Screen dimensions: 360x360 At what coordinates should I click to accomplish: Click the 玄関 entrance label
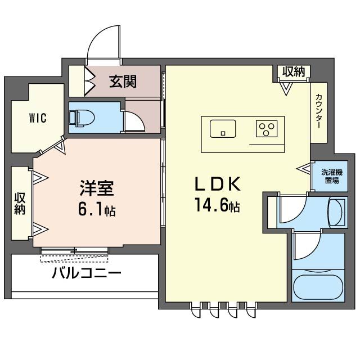(123, 82)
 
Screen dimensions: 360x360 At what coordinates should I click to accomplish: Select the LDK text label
(218, 184)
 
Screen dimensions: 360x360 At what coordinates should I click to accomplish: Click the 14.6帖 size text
(218, 206)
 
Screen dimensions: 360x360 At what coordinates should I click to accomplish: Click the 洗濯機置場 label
(330, 176)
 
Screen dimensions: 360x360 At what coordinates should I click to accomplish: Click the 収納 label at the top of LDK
(294, 72)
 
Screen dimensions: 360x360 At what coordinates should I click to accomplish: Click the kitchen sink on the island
(223, 129)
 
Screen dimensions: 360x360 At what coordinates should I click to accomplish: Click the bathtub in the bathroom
(318, 287)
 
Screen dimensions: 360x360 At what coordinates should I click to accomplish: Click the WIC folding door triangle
(59, 147)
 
